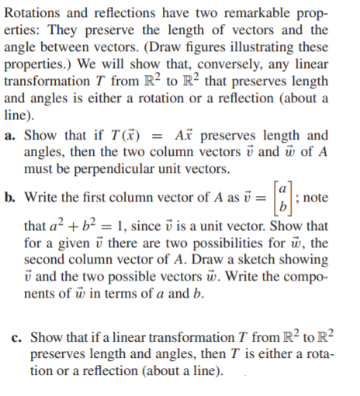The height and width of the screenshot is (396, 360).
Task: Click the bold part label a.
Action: (x=8, y=134)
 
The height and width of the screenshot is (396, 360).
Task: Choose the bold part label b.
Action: (x=9, y=196)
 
